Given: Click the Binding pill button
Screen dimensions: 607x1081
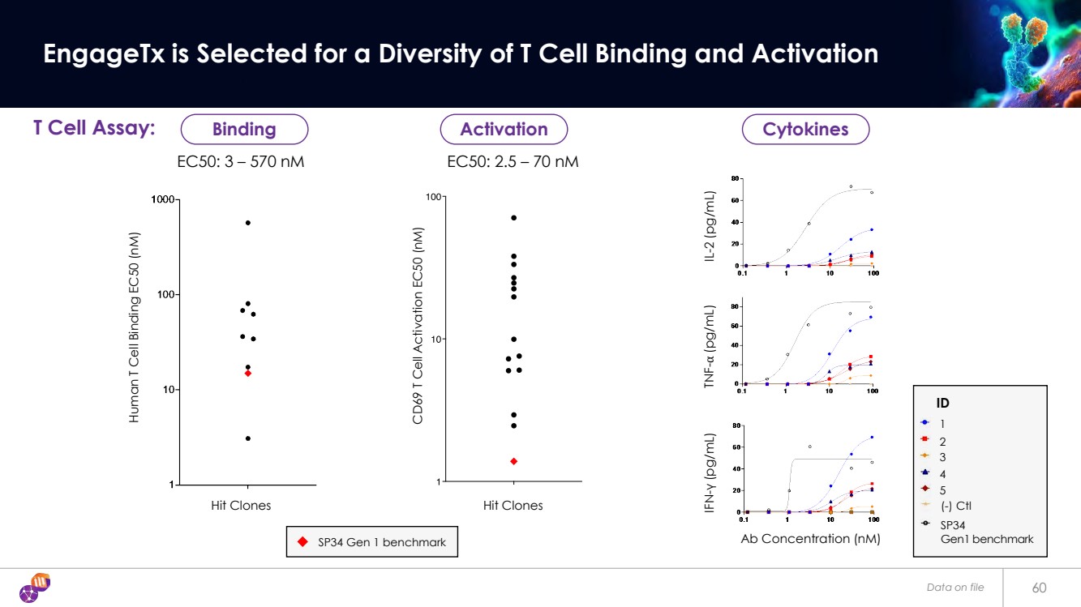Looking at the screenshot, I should [244, 130].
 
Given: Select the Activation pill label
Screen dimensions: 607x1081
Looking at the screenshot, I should [504, 130].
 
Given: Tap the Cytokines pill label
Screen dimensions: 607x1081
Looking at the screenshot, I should [806, 130].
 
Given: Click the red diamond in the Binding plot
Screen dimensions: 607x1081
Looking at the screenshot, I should [248, 374].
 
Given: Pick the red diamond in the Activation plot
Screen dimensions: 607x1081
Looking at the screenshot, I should [514, 461].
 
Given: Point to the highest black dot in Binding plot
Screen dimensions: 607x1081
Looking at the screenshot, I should [248, 223].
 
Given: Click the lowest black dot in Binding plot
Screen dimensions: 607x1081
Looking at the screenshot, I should [248, 438].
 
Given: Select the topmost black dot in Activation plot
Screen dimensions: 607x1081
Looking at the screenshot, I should [514, 218].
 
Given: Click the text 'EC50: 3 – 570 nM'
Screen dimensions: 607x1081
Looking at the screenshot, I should [241, 162].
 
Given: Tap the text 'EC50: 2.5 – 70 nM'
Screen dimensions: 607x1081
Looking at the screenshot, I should [513, 162].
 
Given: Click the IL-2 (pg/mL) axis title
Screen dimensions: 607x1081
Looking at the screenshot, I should [711, 227].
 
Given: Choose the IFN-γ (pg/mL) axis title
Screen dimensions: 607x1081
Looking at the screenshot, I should [711, 472].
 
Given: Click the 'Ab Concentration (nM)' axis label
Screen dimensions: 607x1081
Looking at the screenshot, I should [810, 538].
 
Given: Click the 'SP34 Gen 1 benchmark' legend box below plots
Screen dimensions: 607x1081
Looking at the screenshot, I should [371, 542].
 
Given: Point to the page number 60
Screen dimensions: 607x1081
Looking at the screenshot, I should [1040, 588].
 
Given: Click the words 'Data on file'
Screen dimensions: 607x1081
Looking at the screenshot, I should [955, 588].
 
